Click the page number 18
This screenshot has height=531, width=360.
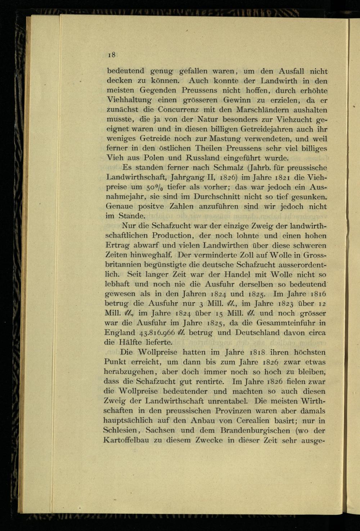(x=111, y=55)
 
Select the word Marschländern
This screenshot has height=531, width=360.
(x=262, y=110)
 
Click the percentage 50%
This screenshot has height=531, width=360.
(x=154, y=187)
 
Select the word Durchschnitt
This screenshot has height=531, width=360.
(x=216, y=197)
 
